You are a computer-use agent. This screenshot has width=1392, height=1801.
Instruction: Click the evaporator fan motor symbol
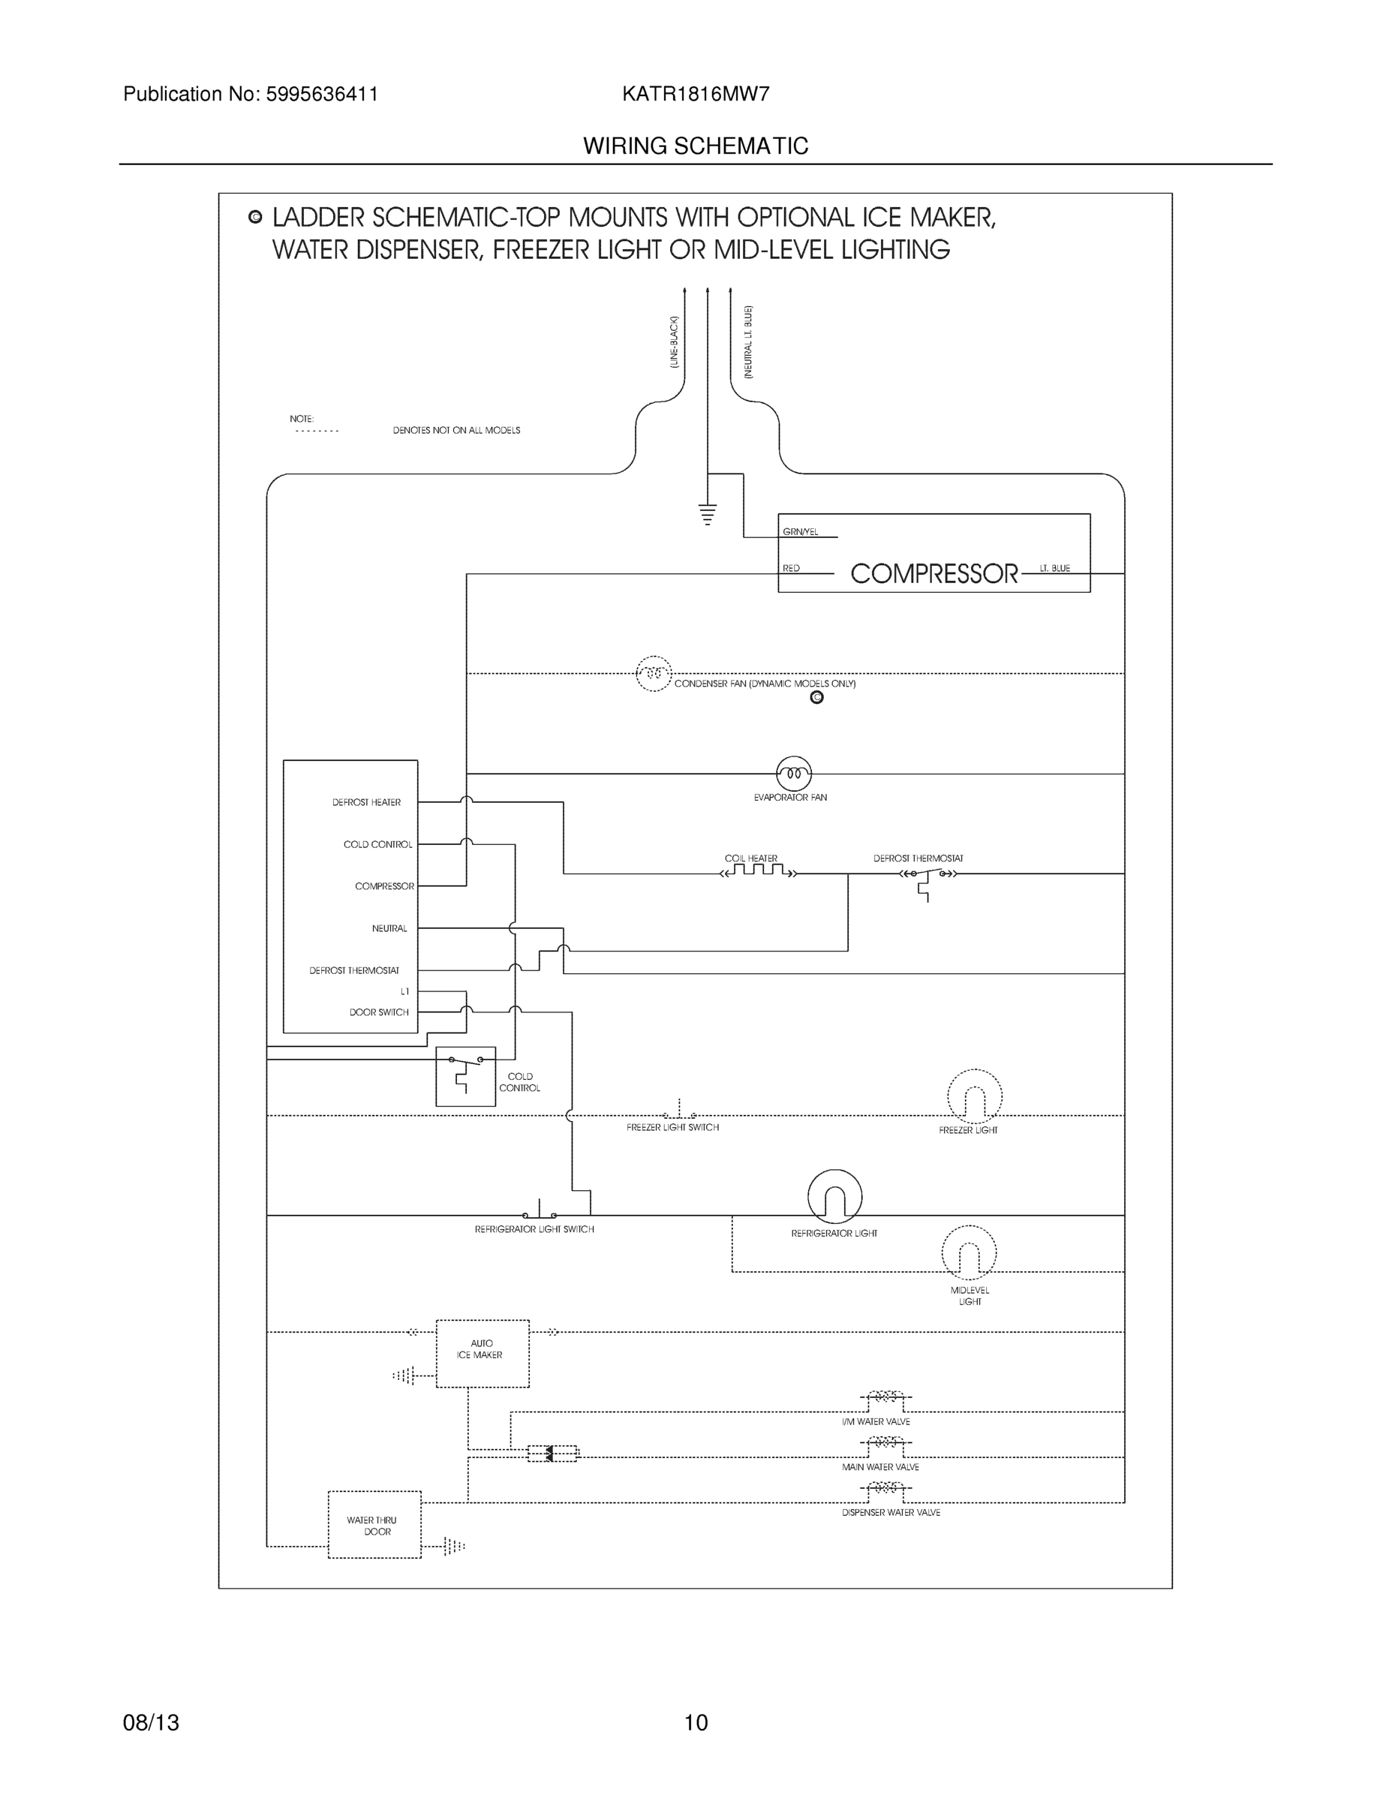point(793,774)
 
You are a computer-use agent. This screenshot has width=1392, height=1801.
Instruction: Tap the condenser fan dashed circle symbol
point(653,674)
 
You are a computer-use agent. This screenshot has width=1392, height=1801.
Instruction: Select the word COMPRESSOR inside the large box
point(934,573)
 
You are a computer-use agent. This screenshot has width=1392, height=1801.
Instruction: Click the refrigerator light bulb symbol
point(834,1197)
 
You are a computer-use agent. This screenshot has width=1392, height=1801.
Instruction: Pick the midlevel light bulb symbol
point(968,1252)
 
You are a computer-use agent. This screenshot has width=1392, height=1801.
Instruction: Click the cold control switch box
point(465,1076)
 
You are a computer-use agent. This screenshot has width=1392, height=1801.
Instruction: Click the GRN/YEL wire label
point(800,532)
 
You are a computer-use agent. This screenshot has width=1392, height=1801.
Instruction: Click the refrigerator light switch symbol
point(539,1212)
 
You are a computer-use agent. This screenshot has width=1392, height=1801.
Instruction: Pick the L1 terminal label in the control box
point(404,991)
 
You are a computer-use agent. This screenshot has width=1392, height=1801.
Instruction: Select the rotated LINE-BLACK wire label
point(674,341)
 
